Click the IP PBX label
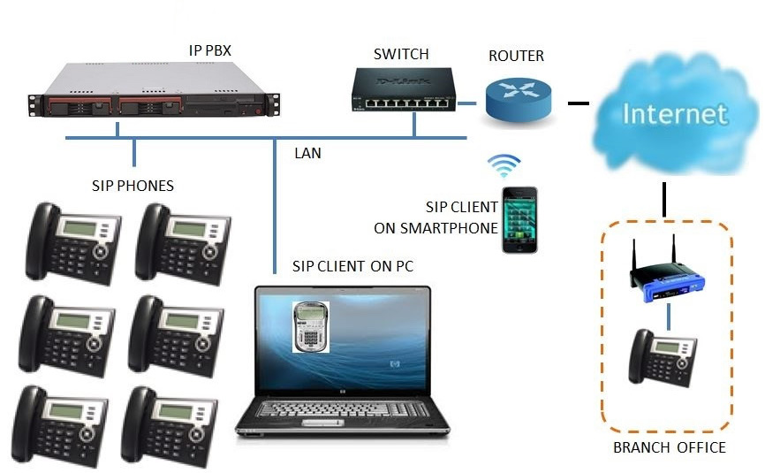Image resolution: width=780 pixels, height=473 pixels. pos(210,50)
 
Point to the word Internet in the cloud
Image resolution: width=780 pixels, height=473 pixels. pos(674,114)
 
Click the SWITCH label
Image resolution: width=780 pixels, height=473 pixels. pos(400,54)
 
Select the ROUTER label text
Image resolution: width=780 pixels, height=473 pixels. pos(517,57)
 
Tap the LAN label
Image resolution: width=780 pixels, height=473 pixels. pos(307,153)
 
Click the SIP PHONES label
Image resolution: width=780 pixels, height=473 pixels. pos(133,186)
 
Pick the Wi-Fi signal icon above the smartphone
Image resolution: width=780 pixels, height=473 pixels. pos(505,165)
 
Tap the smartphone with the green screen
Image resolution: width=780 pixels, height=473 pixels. pos(520,219)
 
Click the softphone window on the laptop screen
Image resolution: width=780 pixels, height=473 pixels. pos(311,325)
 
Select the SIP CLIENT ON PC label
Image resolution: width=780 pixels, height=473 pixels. pos(353,266)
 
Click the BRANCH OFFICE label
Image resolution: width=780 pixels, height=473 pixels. pos(669,447)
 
